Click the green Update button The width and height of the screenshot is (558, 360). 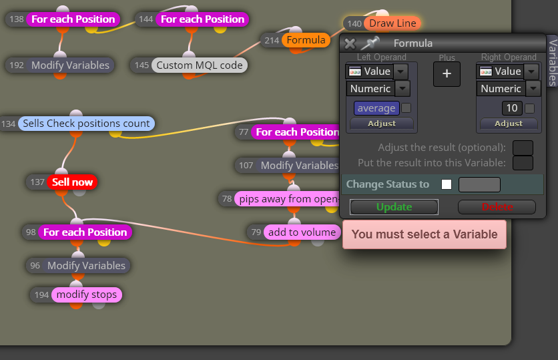click(394, 207)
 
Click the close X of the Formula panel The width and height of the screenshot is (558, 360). click(350, 44)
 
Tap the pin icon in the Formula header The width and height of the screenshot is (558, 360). click(370, 43)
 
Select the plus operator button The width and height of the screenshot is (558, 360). click(447, 74)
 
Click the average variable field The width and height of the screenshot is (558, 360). click(376, 108)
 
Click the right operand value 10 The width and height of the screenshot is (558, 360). click(512, 108)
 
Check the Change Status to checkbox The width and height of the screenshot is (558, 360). click(447, 184)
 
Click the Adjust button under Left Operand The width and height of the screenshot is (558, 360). click(382, 124)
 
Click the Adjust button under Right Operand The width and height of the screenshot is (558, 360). click(509, 124)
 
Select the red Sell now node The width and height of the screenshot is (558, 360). click(72, 182)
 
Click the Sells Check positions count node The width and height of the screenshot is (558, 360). click(86, 124)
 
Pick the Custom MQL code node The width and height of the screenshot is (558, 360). click(200, 65)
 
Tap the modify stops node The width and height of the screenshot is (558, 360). click(87, 295)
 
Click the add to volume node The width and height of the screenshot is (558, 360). click(302, 232)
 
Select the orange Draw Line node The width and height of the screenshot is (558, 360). click(392, 23)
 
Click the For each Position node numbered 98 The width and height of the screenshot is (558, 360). click(85, 232)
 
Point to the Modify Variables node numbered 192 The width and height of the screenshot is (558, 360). click(70, 65)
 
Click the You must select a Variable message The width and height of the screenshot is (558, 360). click(425, 234)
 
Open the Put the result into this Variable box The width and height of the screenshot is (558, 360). click(523, 163)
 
